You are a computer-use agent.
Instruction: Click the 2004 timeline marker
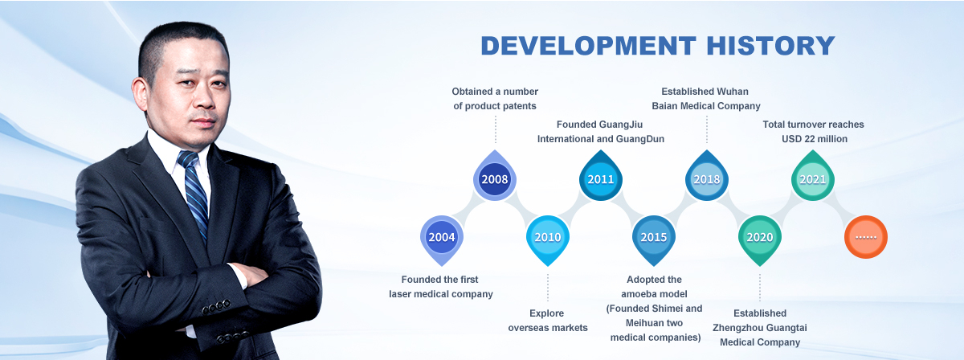point(442,239)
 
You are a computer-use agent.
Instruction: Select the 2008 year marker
point(495,178)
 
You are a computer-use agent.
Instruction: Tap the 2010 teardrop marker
point(547,239)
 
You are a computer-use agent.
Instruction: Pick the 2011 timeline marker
point(601,178)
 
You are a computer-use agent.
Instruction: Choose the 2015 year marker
point(654,239)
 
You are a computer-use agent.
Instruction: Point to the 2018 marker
point(707,178)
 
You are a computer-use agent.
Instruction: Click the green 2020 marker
point(760,239)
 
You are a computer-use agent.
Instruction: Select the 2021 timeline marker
point(813,178)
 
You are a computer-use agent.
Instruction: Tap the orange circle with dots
point(866,237)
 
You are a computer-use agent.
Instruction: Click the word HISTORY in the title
point(770,46)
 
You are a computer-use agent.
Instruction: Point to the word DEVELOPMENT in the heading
point(588,46)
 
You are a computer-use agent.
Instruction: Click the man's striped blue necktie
point(196,194)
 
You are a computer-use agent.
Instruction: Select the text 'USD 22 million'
point(815,139)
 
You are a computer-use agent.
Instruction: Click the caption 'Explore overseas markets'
point(547,321)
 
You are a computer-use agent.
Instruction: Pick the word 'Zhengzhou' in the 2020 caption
point(734,328)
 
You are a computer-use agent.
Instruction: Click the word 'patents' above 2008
point(520,106)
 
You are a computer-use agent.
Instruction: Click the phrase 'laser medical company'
point(441,294)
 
